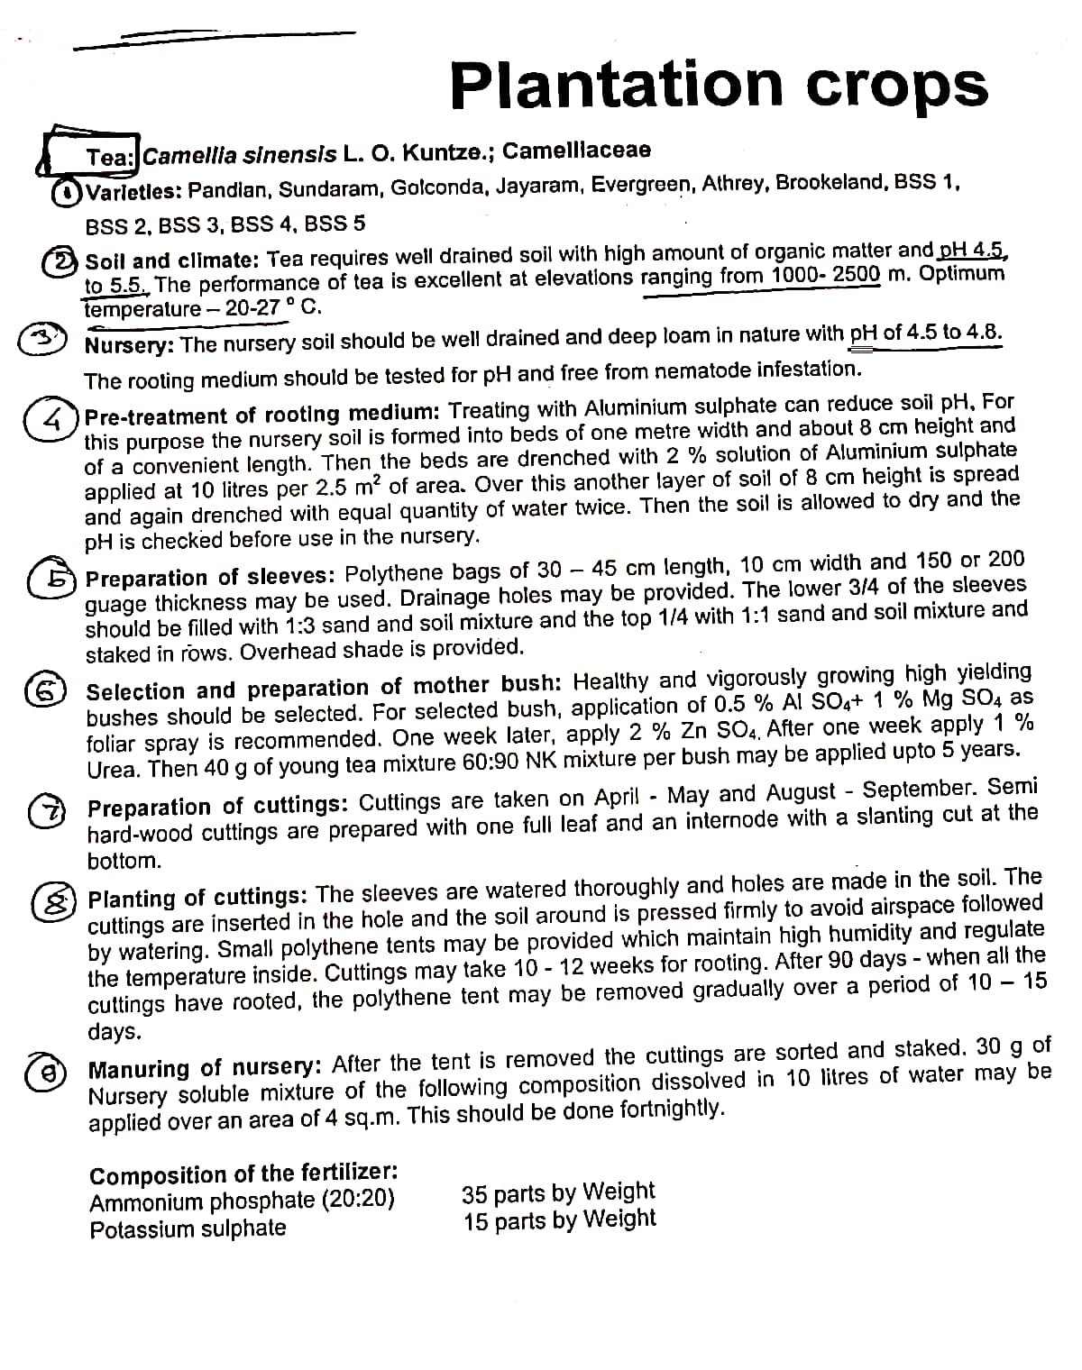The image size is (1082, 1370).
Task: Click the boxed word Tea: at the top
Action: (110, 157)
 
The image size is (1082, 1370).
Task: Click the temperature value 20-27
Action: (252, 308)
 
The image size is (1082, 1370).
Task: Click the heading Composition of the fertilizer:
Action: (243, 1174)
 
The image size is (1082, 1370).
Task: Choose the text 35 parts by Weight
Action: (557, 1192)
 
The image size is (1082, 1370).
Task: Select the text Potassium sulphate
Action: (188, 1228)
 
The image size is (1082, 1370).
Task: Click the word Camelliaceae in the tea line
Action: (576, 151)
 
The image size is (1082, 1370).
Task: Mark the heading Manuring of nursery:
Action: (205, 1069)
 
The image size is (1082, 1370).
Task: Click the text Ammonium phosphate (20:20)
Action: (242, 1201)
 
